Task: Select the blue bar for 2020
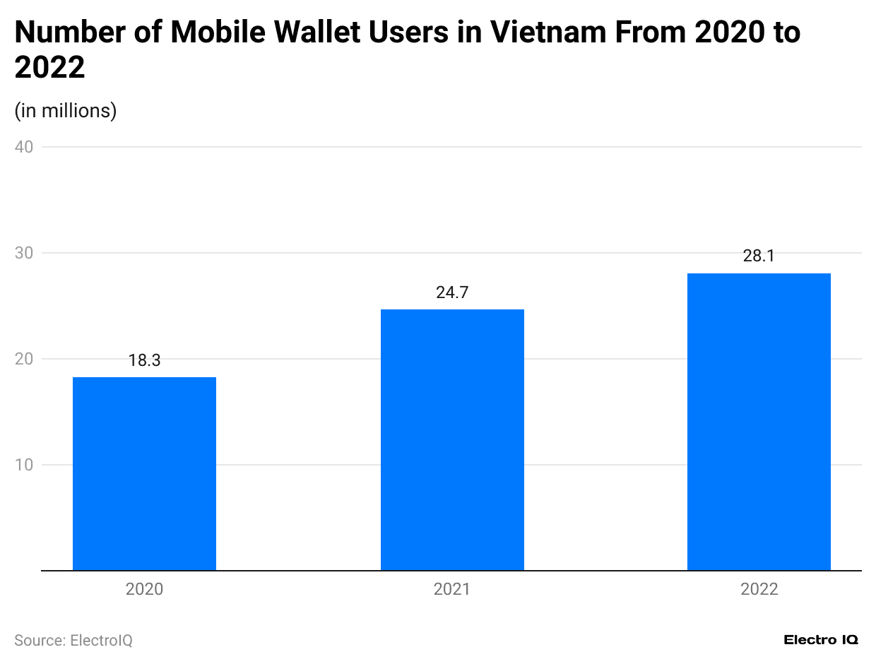[x=144, y=473]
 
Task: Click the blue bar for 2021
[x=452, y=439]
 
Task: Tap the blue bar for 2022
[x=759, y=422]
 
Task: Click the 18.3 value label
[x=144, y=360]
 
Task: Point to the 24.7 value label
[x=452, y=292]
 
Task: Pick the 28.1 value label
[x=759, y=256]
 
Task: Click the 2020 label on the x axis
[x=144, y=589]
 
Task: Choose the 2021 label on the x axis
[x=452, y=589]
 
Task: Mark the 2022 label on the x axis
[x=759, y=589]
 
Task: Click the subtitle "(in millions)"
[x=65, y=111]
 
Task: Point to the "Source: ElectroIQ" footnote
[x=73, y=640]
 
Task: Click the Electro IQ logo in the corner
[x=821, y=640]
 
